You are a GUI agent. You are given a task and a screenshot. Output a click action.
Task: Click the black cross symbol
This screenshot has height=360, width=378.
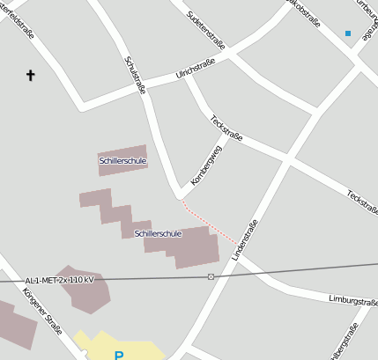click(31, 76)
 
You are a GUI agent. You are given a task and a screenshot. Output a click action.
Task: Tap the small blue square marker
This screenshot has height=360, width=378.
click(348, 33)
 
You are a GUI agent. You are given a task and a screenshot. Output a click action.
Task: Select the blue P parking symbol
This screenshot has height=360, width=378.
click(119, 355)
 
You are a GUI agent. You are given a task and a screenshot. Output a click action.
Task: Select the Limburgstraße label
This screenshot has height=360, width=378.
click(352, 300)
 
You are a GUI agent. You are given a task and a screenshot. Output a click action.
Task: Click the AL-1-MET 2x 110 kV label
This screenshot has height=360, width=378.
click(60, 279)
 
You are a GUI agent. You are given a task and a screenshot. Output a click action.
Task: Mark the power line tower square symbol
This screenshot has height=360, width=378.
click(211, 276)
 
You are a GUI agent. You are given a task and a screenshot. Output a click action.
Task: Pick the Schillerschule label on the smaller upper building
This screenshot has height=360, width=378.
click(122, 161)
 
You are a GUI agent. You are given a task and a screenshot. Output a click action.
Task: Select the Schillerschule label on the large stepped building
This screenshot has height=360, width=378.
click(158, 233)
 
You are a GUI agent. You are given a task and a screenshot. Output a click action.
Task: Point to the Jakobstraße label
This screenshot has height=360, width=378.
click(305, 13)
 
